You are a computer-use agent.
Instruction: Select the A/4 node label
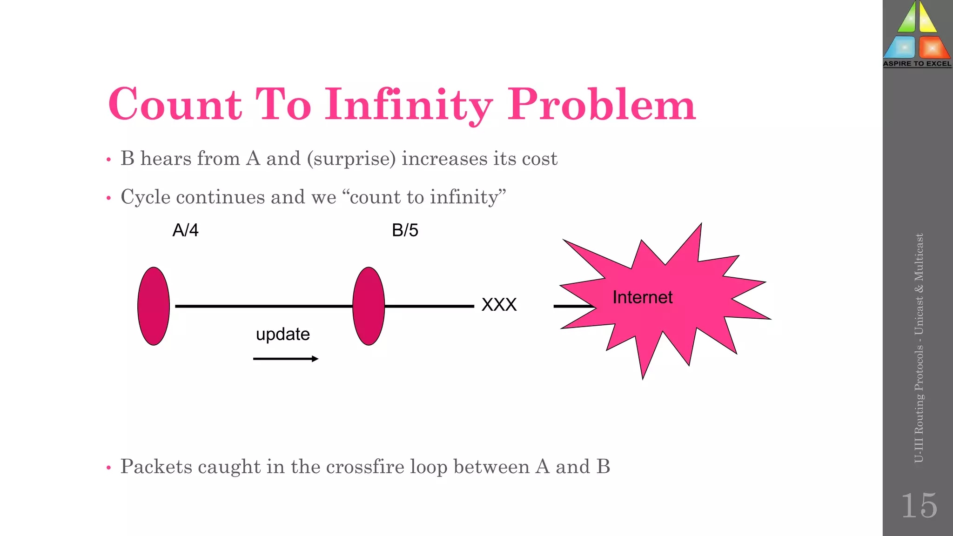click(x=185, y=230)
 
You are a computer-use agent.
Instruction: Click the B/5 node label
click(x=405, y=230)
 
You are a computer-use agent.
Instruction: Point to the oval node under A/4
click(x=154, y=306)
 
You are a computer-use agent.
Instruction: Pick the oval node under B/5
click(x=369, y=306)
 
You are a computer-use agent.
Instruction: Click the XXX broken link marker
click(x=499, y=305)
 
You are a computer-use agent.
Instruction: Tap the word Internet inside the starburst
click(x=642, y=297)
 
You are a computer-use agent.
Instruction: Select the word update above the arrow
click(x=283, y=334)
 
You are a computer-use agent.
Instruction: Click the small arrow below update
click(x=286, y=359)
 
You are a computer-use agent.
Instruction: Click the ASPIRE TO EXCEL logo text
click(x=917, y=64)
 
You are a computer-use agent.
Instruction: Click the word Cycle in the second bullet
click(x=145, y=197)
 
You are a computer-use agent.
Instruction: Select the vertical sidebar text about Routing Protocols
click(x=919, y=348)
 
